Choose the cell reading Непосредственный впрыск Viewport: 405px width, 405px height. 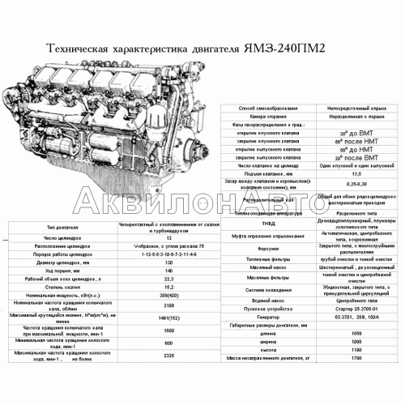click(351, 106)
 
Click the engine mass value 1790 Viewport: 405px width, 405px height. click(351, 357)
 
